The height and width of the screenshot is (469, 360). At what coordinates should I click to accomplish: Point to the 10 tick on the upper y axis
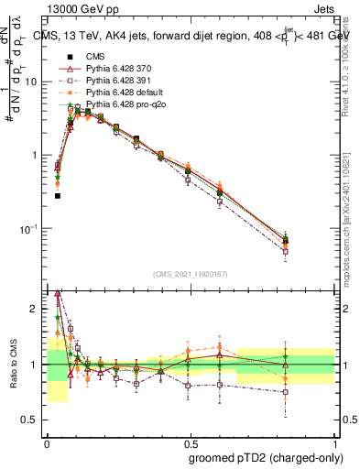point(33,82)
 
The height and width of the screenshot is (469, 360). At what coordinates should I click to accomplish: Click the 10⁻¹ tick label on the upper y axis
point(30,228)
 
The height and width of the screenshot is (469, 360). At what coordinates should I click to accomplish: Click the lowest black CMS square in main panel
point(58,195)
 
